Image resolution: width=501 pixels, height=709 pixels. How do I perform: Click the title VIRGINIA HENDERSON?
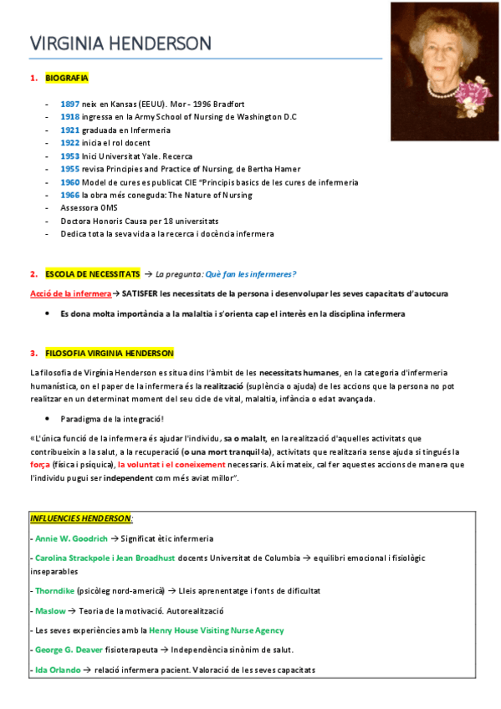click(x=120, y=43)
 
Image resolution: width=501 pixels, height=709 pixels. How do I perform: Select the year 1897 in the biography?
click(x=70, y=104)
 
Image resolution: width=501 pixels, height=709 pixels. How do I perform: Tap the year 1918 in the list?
click(x=70, y=117)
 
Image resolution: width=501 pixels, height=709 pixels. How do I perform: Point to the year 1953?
click(x=70, y=156)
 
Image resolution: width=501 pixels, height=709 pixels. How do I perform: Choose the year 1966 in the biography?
click(x=70, y=195)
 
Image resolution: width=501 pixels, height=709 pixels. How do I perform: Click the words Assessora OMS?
click(x=89, y=207)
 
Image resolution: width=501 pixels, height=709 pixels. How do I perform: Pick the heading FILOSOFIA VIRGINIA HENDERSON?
click(x=110, y=353)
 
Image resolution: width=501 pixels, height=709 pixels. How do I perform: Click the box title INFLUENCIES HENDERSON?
click(x=81, y=518)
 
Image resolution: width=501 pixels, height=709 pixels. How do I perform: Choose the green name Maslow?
click(x=49, y=610)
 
